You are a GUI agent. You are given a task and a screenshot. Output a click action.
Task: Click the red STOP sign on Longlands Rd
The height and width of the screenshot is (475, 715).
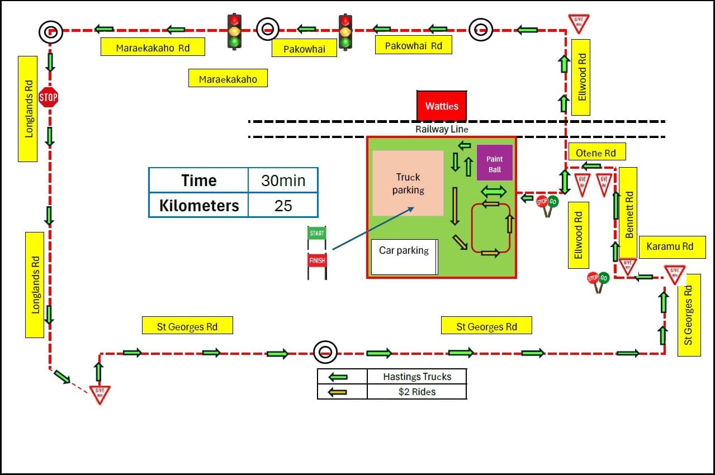point(48,97)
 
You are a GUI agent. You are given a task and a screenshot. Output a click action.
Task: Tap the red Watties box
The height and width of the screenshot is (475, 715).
point(442,106)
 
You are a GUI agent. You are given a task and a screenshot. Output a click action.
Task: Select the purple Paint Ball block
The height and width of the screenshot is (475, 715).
point(494,163)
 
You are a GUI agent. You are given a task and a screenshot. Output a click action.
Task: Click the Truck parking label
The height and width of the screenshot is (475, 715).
point(408,183)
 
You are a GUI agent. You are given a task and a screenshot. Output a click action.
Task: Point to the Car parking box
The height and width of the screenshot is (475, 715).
point(404,257)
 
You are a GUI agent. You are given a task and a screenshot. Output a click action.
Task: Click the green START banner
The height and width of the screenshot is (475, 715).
point(316,233)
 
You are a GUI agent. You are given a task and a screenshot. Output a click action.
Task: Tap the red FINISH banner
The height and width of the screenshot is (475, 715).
point(317,260)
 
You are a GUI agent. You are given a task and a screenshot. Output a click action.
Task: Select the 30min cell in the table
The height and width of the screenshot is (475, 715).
point(283,180)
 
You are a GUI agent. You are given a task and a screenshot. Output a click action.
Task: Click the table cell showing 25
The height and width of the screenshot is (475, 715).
point(283,206)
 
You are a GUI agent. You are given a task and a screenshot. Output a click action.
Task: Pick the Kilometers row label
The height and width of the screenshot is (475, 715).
point(199,206)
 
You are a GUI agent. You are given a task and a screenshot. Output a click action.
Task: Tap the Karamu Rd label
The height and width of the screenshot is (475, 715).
point(670,246)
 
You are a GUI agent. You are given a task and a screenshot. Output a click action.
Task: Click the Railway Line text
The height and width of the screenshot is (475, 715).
point(442,129)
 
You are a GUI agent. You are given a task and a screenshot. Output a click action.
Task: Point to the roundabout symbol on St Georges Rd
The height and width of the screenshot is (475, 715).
point(325,352)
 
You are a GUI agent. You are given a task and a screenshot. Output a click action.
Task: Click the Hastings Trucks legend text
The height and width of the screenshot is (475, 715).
point(417,377)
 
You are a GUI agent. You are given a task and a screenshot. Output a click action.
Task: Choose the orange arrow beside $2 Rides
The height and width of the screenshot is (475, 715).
point(338,392)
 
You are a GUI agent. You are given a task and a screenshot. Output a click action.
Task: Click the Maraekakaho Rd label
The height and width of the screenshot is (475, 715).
point(153,47)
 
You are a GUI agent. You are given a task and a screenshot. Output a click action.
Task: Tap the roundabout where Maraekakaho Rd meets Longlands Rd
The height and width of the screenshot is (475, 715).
point(50,32)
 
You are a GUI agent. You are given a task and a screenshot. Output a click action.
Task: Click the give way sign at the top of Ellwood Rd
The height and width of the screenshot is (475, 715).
point(579,23)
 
